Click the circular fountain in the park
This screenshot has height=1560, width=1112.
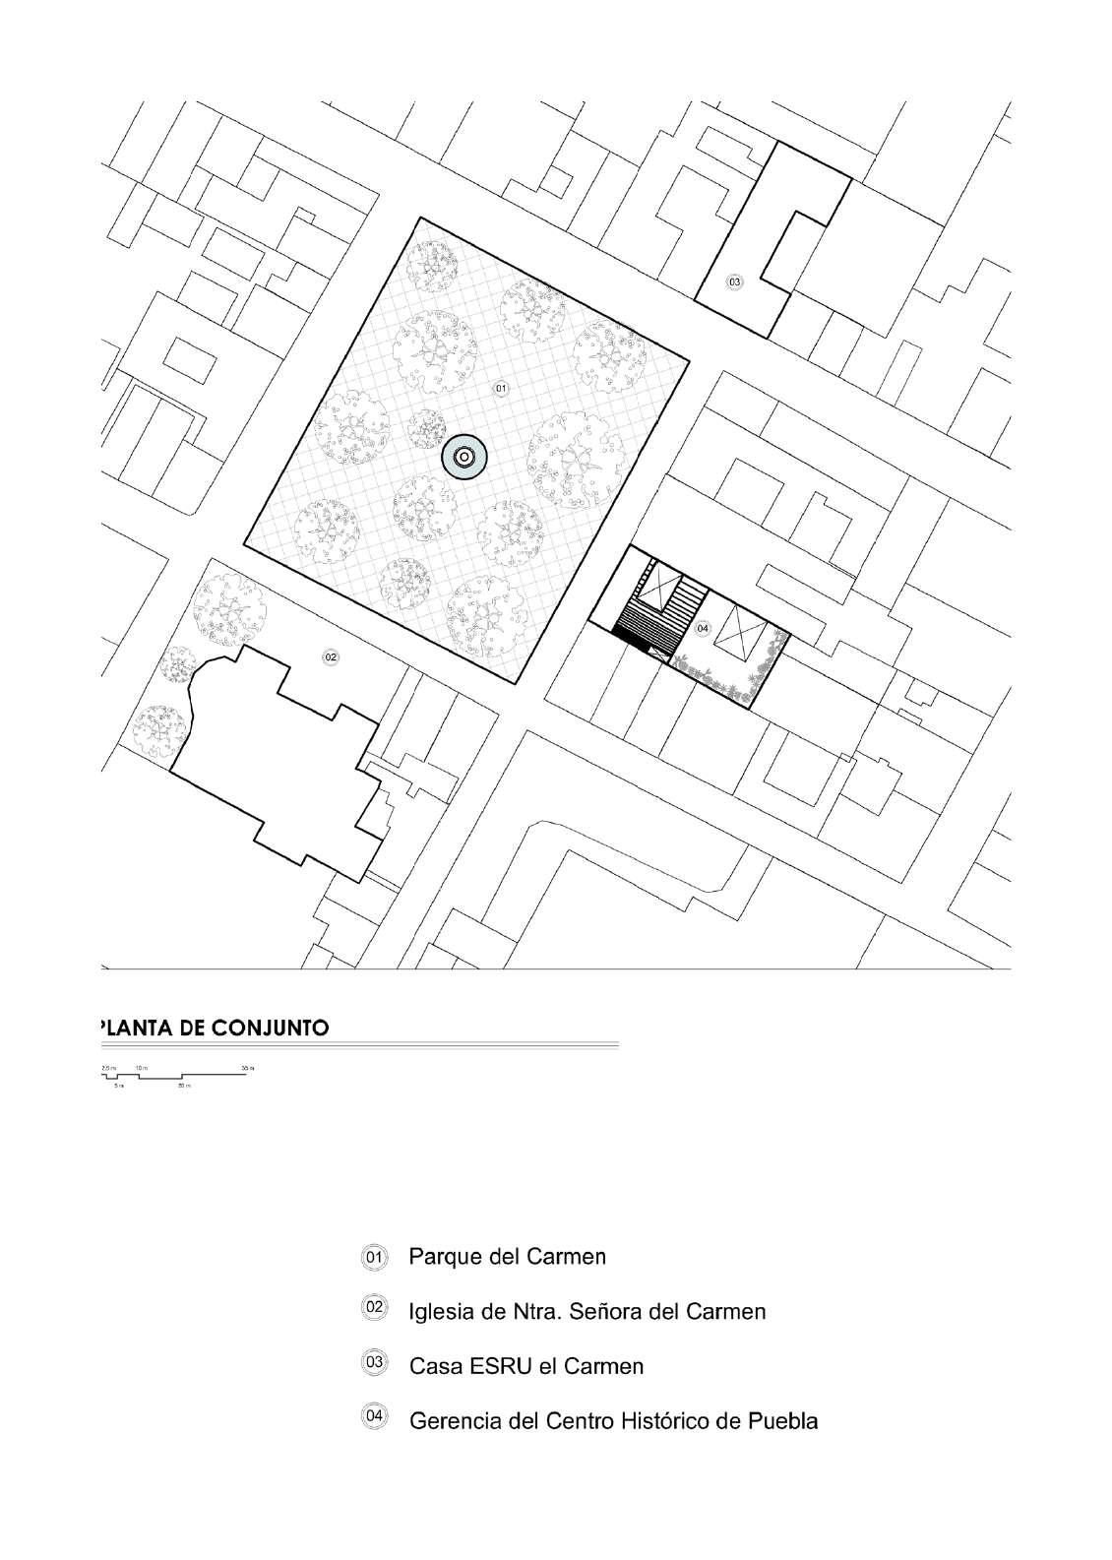pos(463,458)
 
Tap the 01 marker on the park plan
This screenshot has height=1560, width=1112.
pos(500,389)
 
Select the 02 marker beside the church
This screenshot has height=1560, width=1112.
pos(331,656)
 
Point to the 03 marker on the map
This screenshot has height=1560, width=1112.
pos(734,282)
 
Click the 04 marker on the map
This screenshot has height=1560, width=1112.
pos(702,628)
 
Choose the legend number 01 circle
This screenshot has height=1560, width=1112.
pos(374,1257)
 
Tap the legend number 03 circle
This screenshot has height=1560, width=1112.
pos(374,1364)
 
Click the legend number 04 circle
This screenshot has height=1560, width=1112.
pos(374,1418)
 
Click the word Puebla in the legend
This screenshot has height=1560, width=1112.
pos(783,1421)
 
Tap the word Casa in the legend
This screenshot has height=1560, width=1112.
pos(431,1366)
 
